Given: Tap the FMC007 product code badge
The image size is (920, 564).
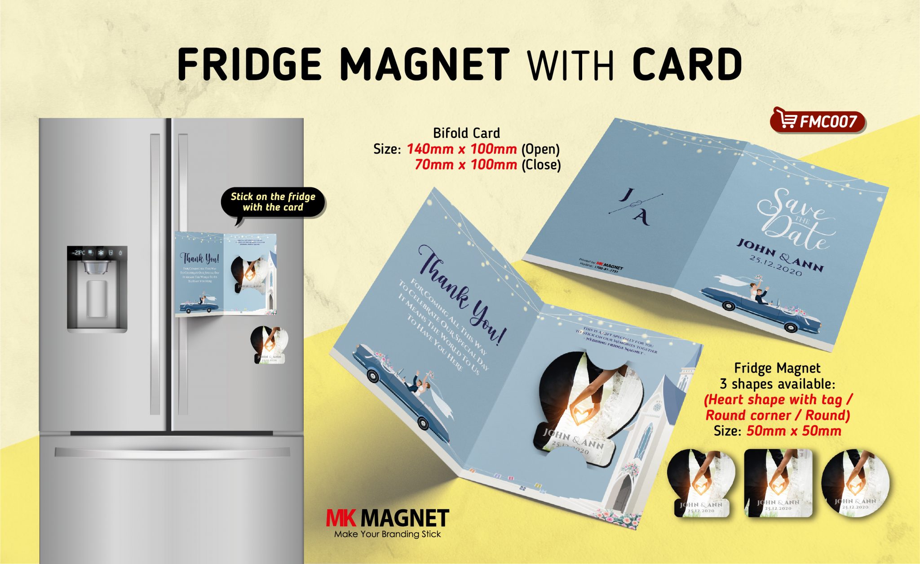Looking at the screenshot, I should click(x=818, y=121).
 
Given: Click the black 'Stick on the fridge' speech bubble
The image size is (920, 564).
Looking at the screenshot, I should click(x=273, y=202).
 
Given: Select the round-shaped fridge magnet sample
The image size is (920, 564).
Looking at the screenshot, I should click(x=855, y=483).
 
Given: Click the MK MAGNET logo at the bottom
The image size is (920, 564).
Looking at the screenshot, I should click(x=387, y=518).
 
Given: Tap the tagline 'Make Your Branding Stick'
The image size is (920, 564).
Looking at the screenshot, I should click(x=387, y=534).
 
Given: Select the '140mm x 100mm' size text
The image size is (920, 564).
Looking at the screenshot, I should click(x=461, y=149).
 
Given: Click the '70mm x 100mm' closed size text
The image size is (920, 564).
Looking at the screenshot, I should click(x=465, y=164).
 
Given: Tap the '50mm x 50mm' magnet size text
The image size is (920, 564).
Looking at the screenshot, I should click(x=793, y=431).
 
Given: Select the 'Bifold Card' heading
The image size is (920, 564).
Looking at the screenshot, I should click(x=466, y=133).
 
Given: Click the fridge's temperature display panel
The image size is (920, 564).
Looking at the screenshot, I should click(x=97, y=253).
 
